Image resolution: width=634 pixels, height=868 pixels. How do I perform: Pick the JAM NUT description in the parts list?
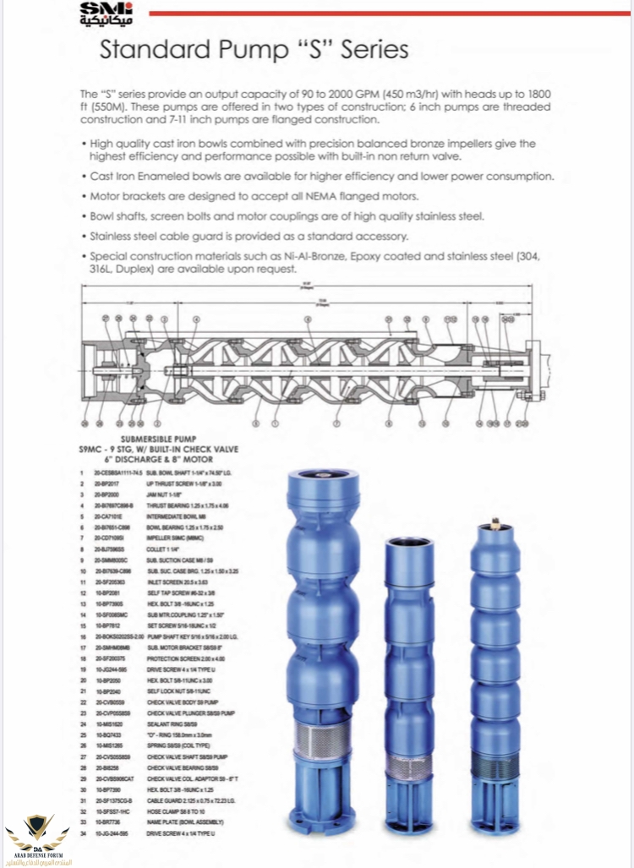click(x=165, y=492)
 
